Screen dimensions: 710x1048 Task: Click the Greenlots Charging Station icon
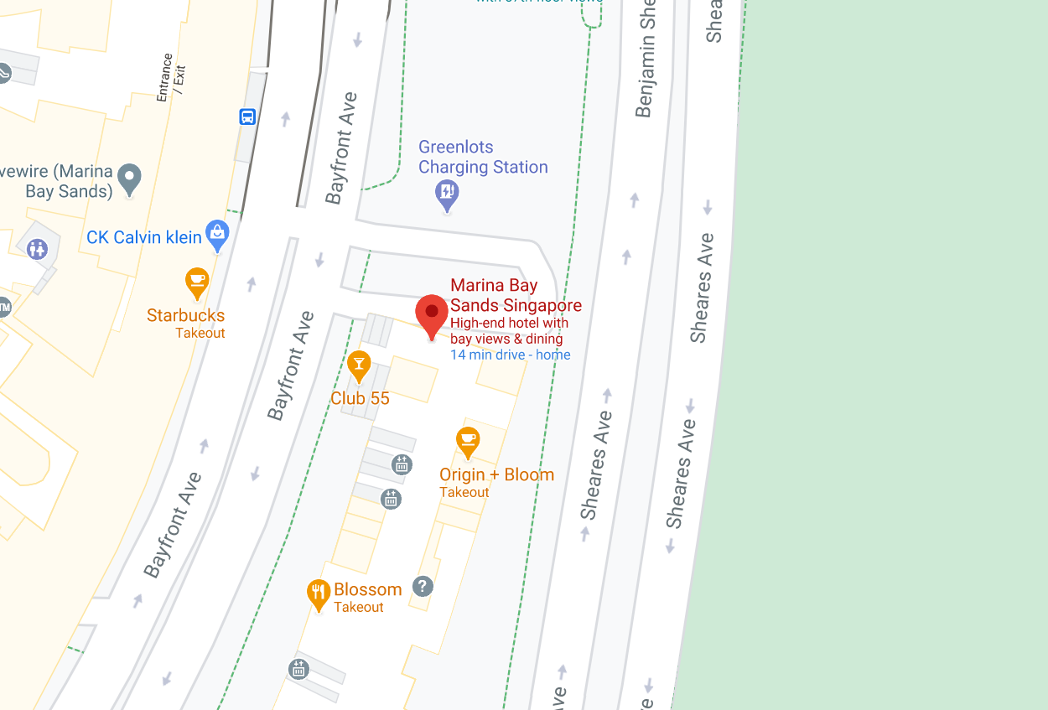click(448, 194)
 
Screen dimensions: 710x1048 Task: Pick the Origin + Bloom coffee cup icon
click(468, 441)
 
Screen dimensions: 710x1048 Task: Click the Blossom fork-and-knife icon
click(318, 593)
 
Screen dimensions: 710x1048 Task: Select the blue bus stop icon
click(247, 117)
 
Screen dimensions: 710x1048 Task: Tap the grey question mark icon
click(423, 586)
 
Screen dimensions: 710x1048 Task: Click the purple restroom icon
click(38, 249)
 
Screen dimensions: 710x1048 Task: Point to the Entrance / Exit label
click(169, 78)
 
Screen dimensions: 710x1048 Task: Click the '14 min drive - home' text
click(511, 355)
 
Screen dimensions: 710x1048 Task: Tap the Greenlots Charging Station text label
click(483, 158)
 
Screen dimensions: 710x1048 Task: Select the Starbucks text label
click(185, 315)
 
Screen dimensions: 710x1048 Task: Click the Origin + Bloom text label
click(496, 474)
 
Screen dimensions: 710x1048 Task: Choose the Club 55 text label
click(360, 398)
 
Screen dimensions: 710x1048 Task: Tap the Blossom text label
click(367, 589)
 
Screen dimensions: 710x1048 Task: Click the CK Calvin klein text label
click(144, 237)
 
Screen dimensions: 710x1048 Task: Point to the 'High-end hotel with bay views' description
click(509, 330)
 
